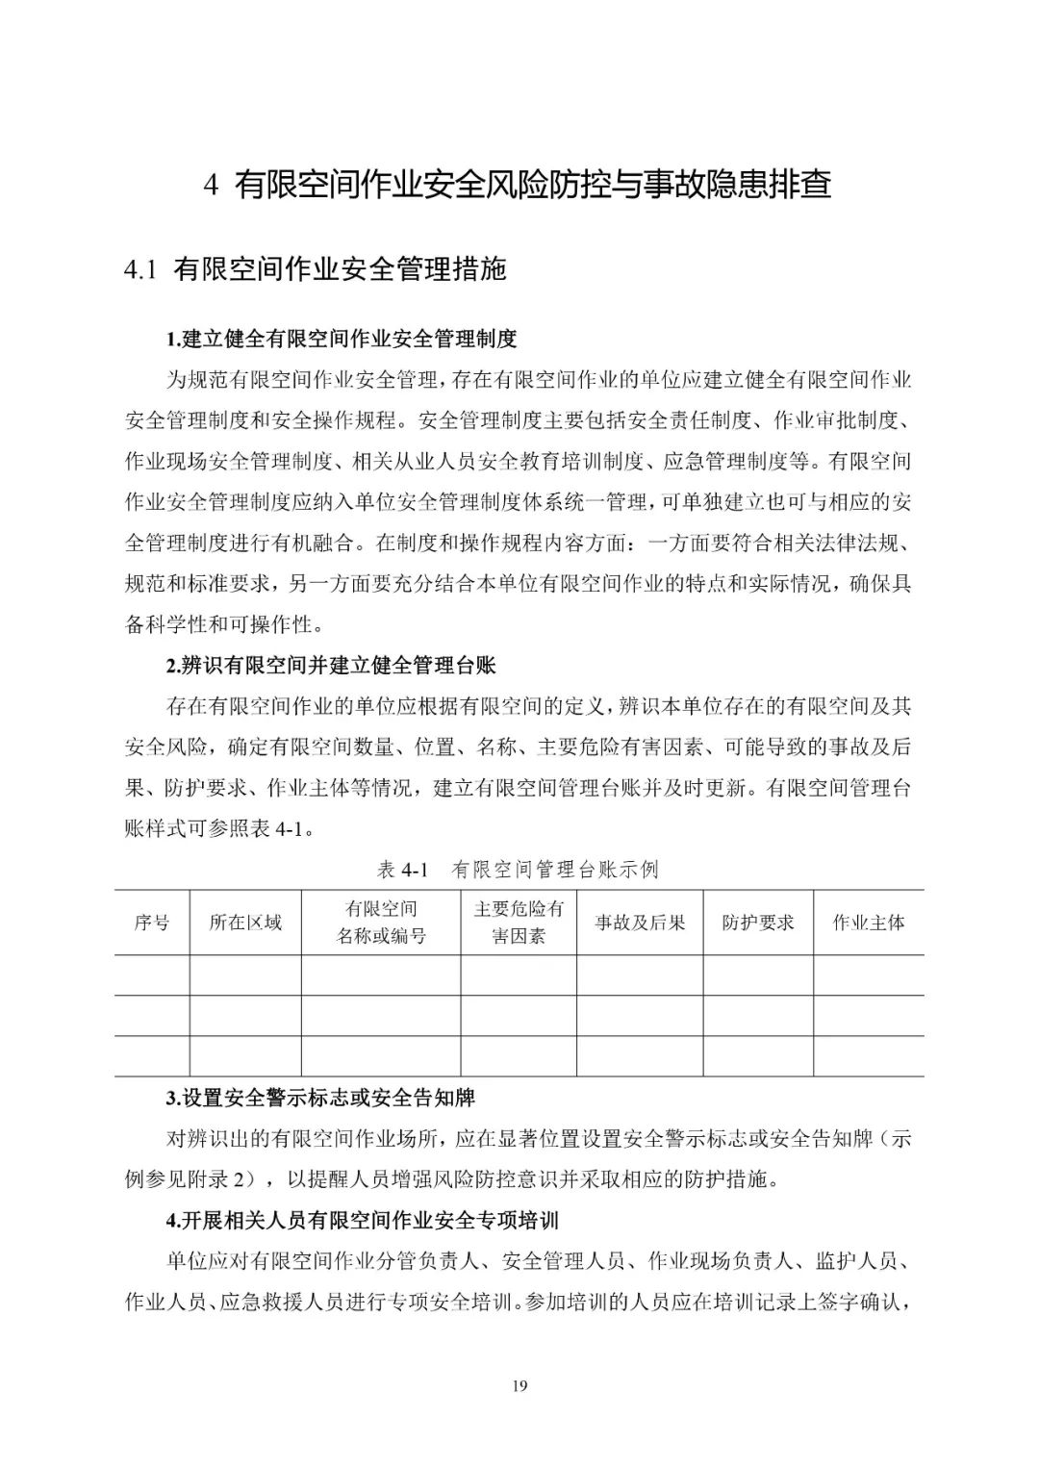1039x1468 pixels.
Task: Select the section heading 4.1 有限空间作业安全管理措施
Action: [315, 270]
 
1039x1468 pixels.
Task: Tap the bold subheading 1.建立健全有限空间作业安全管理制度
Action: [342, 339]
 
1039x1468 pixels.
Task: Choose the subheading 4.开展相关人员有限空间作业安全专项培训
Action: [363, 1221]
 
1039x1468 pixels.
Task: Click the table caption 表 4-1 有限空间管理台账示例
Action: [518, 870]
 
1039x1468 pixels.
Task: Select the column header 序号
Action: [152, 923]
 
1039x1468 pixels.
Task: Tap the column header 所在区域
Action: [245, 923]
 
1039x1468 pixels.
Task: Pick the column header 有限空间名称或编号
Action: [381, 923]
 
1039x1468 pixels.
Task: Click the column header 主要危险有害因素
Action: [519, 923]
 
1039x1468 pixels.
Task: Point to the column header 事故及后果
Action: [640, 923]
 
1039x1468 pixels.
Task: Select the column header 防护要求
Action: [758, 923]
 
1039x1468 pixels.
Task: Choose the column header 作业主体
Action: [869, 923]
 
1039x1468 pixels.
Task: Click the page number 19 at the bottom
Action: [519, 1386]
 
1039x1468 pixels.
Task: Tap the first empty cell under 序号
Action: [152, 975]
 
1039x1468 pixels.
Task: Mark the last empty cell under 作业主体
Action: [869, 1055]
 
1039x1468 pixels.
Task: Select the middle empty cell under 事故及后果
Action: [640, 1015]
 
